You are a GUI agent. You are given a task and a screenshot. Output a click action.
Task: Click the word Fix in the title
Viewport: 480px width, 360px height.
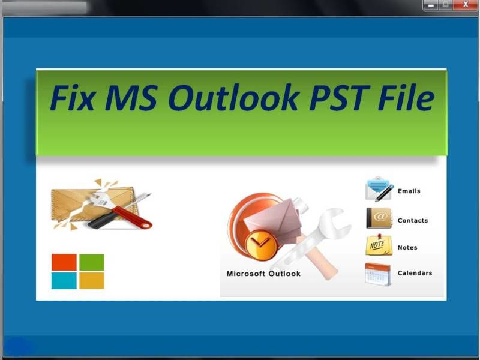pos(72,97)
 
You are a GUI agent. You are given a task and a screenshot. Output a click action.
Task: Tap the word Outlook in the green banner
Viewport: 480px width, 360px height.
pos(233,97)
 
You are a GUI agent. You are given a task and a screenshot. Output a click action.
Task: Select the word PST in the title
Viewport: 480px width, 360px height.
pos(340,97)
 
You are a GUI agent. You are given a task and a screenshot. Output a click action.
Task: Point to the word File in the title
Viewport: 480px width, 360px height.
pos(406,97)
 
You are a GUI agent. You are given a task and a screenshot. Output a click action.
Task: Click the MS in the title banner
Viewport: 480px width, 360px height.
pos(131,97)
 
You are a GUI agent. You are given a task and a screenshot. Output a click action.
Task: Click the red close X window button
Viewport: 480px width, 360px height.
pos(466,5)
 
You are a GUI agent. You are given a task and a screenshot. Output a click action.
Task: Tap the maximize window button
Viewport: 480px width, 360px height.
pos(446,5)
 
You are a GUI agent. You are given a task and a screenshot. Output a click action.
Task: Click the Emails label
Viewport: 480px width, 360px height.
pos(409,191)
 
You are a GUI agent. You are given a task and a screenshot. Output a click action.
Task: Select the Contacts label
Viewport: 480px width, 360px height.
pos(413,220)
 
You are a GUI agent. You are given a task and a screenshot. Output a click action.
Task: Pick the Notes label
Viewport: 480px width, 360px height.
pos(407,247)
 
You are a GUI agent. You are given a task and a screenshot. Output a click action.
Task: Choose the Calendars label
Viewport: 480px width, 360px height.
pos(415,273)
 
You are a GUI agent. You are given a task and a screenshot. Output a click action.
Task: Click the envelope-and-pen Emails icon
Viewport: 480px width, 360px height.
pos(379,189)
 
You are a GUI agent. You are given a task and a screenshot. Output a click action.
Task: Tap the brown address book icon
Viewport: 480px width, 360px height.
pos(379,218)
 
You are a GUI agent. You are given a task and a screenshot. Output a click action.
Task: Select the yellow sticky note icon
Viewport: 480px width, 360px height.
pos(379,245)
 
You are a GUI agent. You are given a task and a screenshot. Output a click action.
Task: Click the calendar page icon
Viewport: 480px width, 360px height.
pos(378,274)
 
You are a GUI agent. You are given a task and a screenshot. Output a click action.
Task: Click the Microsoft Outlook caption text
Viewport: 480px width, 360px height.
pos(263,274)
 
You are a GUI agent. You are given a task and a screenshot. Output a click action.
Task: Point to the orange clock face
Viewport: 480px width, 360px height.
pos(261,244)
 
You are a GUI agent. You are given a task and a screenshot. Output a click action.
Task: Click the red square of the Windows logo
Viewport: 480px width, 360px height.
pos(64,262)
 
